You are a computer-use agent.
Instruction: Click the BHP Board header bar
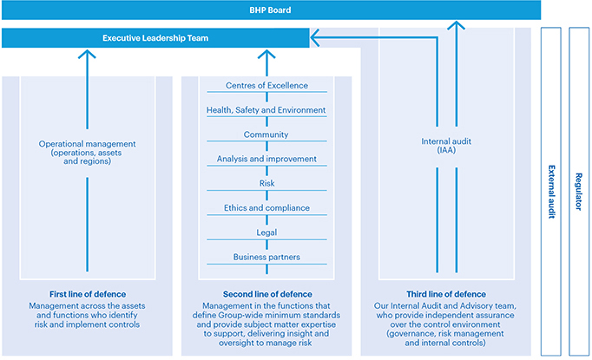coord(270,10)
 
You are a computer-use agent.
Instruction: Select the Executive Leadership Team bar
coord(155,38)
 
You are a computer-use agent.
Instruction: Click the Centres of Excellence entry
coord(266,86)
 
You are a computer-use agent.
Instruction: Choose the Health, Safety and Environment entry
coord(266,110)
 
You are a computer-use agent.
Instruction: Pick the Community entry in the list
coord(266,134)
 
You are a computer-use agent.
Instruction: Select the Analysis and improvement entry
coord(266,159)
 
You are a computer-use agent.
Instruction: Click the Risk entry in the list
coord(266,183)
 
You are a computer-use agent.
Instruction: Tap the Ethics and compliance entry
coord(266,208)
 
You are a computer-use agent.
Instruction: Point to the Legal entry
coord(266,232)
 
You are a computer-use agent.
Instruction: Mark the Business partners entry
coord(266,257)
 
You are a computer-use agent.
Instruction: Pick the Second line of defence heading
coord(266,294)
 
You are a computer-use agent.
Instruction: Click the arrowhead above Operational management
coord(85,55)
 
